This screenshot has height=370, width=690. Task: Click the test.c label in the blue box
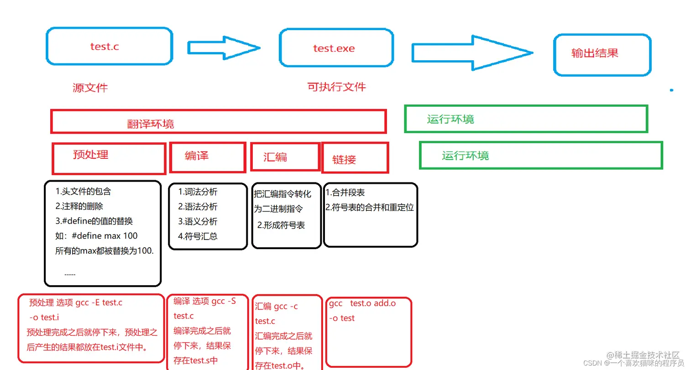coord(105,47)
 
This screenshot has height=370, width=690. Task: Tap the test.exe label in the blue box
coord(334,48)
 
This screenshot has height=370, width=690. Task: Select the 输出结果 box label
coord(595,53)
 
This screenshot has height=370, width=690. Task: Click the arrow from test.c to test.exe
coord(224,47)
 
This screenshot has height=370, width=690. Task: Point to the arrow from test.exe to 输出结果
coord(472,53)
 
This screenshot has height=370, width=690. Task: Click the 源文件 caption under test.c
coord(90,88)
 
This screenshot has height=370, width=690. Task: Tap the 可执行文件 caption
coord(336,87)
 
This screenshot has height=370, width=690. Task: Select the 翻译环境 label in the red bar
coord(150,124)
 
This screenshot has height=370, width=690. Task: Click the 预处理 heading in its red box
coord(90,154)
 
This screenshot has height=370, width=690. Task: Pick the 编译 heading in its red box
coord(197,156)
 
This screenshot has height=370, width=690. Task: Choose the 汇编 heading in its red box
coord(275,157)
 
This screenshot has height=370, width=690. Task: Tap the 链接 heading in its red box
coord(344,159)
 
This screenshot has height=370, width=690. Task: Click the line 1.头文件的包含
coord(83,192)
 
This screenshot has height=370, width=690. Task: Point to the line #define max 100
coord(104,236)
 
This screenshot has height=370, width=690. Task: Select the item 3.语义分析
coord(198,221)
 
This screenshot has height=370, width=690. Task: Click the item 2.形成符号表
coord(281,225)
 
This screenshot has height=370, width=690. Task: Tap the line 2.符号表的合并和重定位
coord(370,207)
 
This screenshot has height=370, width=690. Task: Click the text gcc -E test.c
coord(99,302)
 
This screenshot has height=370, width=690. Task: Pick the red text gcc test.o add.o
coord(362,303)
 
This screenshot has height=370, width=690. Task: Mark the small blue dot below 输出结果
coord(671,90)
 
